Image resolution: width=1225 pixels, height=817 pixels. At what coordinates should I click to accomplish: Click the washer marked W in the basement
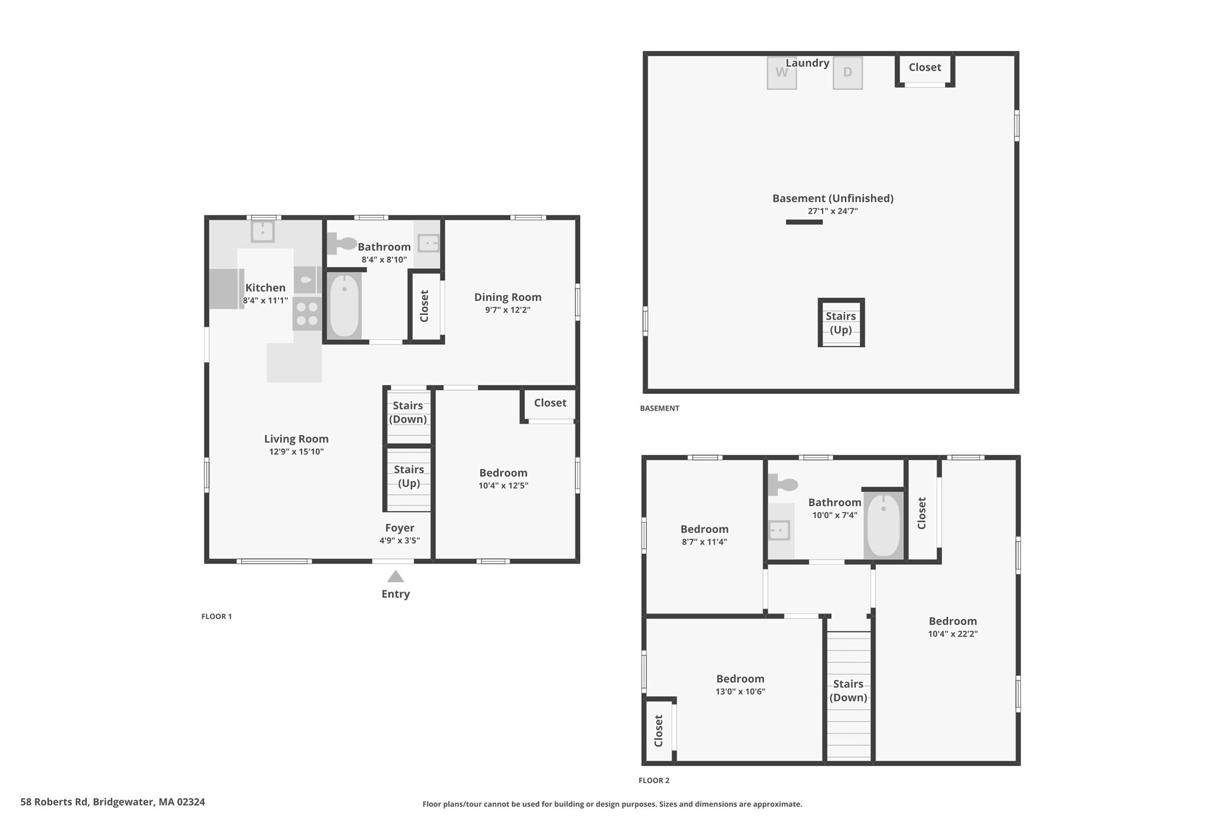(x=781, y=73)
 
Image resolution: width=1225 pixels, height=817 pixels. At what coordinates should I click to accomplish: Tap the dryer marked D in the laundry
(x=847, y=73)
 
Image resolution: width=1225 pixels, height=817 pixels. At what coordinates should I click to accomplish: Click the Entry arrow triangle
(x=395, y=577)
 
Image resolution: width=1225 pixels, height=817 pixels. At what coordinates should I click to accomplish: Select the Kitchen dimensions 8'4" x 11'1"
(x=265, y=300)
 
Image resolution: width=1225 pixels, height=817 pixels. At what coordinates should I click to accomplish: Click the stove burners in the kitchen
(x=307, y=314)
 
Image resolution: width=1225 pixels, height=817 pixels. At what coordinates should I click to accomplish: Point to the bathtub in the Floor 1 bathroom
(x=345, y=305)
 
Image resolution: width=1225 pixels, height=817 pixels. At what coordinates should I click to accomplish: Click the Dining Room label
(x=507, y=297)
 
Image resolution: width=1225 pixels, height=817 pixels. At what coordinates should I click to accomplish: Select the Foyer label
(x=400, y=527)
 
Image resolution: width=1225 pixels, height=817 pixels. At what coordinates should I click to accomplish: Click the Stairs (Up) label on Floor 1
(x=409, y=476)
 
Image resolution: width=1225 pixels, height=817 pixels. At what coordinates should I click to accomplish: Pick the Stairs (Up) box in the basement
(x=841, y=323)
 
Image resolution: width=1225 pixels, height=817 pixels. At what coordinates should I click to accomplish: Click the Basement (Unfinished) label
(x=833, y=198)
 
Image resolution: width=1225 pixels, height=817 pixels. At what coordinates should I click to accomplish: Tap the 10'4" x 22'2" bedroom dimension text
(x=952, y=634)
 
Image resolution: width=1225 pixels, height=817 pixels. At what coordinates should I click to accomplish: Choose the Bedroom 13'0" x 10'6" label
(x=740, y=679)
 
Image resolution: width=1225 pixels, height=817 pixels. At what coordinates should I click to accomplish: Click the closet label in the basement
(x=925, y=67)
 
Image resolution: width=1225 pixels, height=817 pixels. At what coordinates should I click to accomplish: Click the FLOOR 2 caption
(x=654, y=780)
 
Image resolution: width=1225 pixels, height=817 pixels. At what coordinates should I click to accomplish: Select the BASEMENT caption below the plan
(x=659, y=408)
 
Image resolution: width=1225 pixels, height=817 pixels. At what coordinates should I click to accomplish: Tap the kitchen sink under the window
(x=262, y=231)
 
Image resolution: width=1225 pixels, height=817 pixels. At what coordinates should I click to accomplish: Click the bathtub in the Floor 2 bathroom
(x=883, y=525)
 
